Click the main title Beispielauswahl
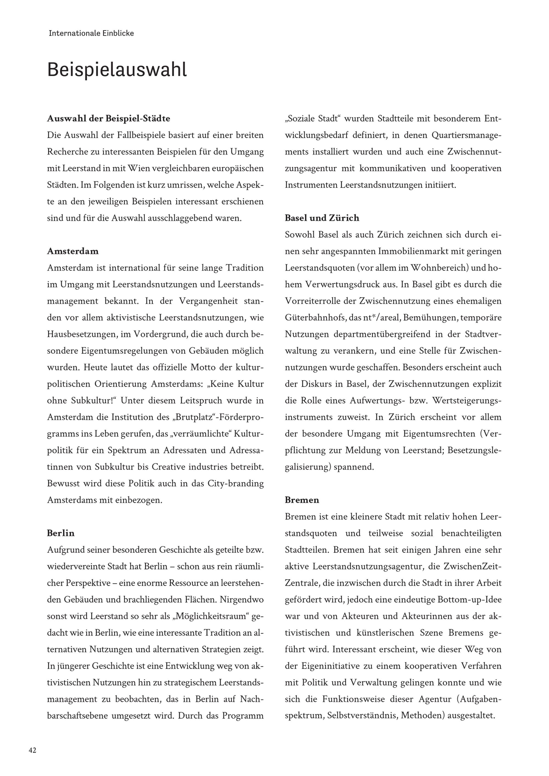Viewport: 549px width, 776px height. (x=117, y=70)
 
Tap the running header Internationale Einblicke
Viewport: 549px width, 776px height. (x=91, y=33)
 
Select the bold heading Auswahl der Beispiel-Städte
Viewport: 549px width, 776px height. (x=108, y=119)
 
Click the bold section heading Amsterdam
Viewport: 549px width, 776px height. (x=73, y=251)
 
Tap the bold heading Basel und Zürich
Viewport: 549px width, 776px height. (x=322, y=218)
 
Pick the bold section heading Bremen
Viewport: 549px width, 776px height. (x=302, y=500)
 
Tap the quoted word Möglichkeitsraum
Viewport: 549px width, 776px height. (x=211, y=616)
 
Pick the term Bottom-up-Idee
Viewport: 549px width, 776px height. (x=470, y=600)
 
